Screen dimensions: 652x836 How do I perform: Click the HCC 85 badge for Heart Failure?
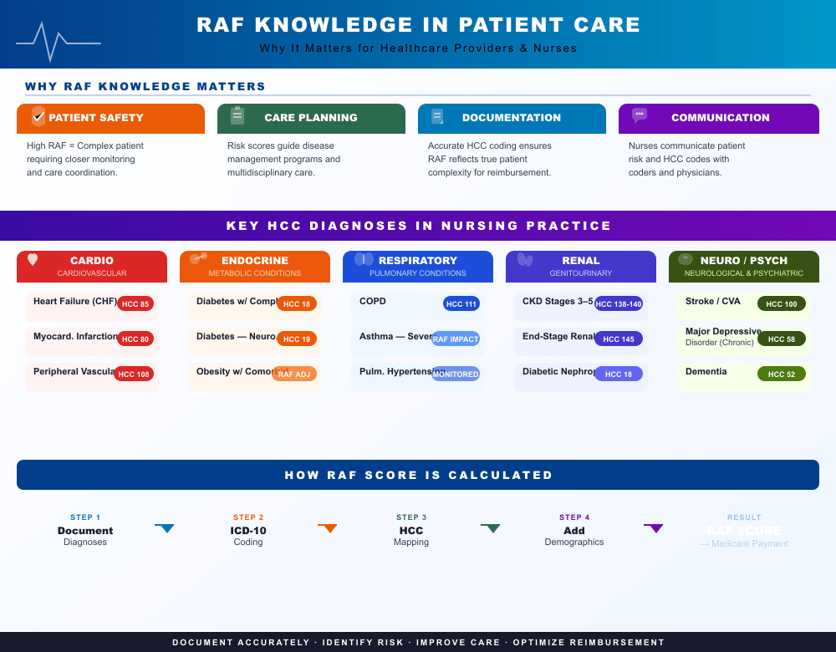(x=135, y=303)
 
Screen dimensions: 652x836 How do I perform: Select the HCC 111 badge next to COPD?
(x=461, y=303)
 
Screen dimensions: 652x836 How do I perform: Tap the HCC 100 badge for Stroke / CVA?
(x=782, y=303)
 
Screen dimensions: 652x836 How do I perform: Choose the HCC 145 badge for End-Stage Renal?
(x=619, y=339)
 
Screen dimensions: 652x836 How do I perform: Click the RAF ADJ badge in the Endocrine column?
(x=294, y=374)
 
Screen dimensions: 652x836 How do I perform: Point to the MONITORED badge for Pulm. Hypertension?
(x=456, y=374)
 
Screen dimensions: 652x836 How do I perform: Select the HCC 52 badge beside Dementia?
(x=782, y=374)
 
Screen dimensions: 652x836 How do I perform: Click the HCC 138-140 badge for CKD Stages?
(x=619, y=303)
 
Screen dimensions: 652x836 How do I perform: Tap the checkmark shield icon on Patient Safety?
(x=38, y=116)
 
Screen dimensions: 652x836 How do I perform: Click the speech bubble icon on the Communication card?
(x=640, y=115)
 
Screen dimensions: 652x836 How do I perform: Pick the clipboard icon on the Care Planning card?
(x=237, y=116)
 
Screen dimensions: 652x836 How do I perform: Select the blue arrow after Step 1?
(x=166, y=527)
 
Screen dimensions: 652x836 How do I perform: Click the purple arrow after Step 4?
(x=654, y=527)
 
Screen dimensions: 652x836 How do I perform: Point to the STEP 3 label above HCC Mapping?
(x=411, y=517)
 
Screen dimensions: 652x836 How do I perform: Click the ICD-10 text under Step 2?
(x=248, y=531)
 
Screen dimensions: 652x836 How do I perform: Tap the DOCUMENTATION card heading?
(x=512, y=118)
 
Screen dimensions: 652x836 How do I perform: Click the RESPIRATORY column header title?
(x=418, y=261)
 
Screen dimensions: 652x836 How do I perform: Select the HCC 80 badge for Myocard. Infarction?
(x=135, y=339)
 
